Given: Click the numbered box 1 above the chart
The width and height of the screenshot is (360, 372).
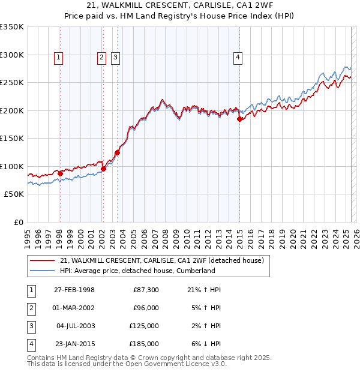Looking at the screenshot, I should click(59, 58).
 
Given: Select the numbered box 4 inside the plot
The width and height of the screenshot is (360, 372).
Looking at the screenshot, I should click(238, 58).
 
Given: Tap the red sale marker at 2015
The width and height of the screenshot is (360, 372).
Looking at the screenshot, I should click(239, 119).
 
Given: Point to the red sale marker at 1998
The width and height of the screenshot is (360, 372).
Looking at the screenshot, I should click(60, 173).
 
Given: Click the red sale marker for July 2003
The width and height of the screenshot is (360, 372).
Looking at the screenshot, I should click(117, 152).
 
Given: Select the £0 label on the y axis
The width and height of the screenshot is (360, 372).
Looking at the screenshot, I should click(17, 222).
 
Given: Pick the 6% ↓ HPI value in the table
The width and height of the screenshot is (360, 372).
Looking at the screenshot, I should click(204, 344).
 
